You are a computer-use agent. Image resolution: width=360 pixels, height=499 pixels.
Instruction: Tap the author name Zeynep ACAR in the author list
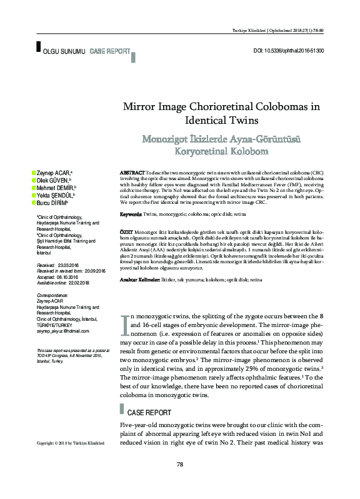tap(54, 171)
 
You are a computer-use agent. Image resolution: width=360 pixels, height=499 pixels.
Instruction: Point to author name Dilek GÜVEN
tap(54, 179)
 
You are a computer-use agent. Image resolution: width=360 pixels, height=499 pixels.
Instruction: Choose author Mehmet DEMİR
tap(55, 187)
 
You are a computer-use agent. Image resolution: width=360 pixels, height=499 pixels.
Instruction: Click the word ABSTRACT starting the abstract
tap(131, 171)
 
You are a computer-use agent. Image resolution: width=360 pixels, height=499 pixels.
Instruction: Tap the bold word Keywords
tap(130, 214)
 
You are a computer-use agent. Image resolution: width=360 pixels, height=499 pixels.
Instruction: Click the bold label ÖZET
tap(126, 231)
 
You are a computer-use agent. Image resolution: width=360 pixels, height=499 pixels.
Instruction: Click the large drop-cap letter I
tap(125, 324)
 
